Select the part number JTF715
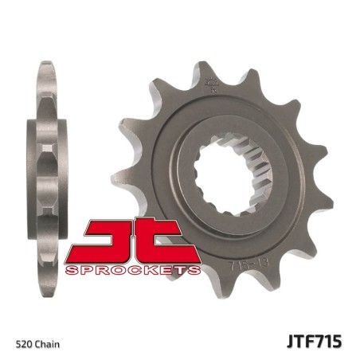click(x=315, y=342)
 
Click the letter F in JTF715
click(x=311, y=342)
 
